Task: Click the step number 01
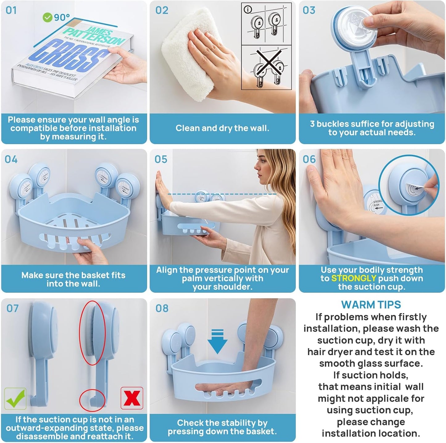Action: (x=11, y=10)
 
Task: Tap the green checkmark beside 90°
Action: (x=47, y=18)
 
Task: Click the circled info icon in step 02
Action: (x=248, y=10)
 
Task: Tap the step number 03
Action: (x=309, y=10)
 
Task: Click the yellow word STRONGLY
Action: (x=353, y=278)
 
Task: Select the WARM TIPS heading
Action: (x=371, y=304)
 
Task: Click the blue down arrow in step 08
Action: (x=217, y=341)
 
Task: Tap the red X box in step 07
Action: (x=132, y=398)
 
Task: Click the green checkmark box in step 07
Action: (x=15, y=399)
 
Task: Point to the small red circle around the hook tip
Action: (x=92, y=400)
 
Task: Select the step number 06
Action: (x=309, y=159)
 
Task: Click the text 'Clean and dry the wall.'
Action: (x=222, y=128)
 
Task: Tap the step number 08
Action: (x=162, y=308)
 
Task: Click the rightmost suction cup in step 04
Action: (x=127, y=187)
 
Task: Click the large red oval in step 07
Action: (x=92, y=333)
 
